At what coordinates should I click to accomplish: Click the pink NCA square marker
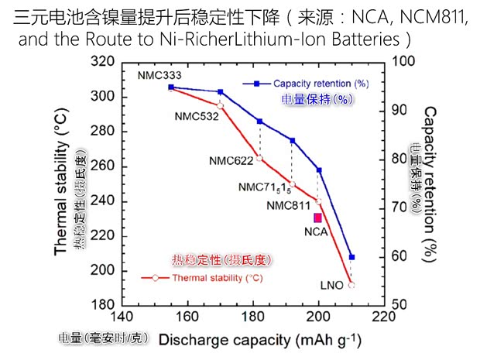[318, 218]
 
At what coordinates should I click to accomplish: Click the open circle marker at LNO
[351, 285]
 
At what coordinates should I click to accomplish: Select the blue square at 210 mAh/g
[352, 257]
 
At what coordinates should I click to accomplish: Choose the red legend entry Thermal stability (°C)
[210, 277]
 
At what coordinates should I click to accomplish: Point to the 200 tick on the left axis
[102, 270]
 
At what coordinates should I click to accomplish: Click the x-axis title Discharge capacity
[259, 340]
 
